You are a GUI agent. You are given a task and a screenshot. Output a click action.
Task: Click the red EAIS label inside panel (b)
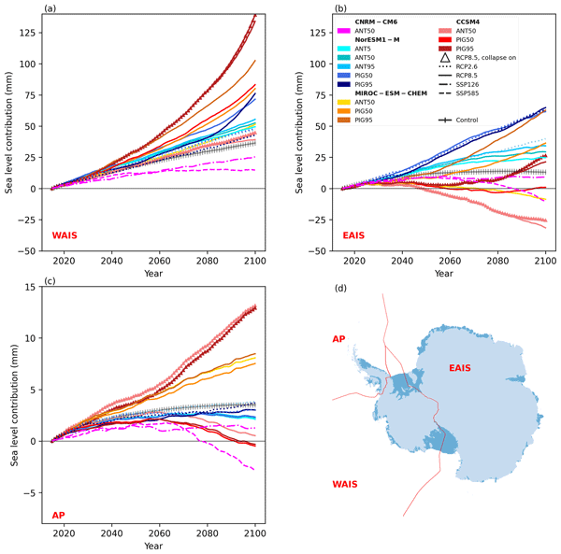pos(352,234)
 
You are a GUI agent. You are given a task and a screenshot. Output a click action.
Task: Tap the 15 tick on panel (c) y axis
pos(37,286)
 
